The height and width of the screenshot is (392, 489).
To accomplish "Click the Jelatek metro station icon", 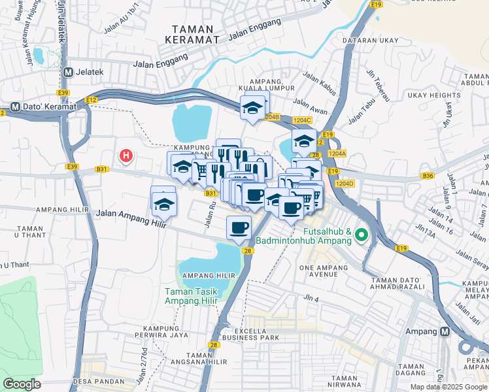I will point(69,71).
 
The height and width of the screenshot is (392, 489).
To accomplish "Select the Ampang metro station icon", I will point(445,331).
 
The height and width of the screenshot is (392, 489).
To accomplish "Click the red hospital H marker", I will point(126,155).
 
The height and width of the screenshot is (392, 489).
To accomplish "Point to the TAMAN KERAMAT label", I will point(195,34).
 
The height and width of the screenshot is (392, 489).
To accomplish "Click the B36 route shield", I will point(428,176).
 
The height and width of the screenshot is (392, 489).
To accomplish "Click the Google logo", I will point(22,384).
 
